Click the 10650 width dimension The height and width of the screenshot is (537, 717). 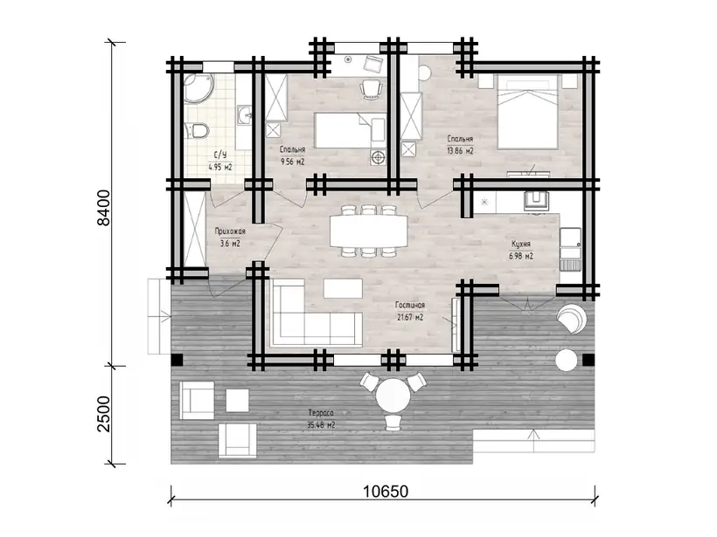(385, 492)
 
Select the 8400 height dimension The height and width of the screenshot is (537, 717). (104, 207)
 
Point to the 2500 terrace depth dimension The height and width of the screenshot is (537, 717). (104, 414)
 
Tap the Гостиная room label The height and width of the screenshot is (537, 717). (410, 305)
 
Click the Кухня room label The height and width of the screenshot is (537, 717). (521, 244)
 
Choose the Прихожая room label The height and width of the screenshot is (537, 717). (230, 231)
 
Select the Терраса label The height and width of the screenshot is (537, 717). (321, 413)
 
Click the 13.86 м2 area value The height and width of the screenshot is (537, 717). (460, 151)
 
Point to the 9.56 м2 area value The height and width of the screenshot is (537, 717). (292, 162)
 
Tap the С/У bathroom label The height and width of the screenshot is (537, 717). (220, 155)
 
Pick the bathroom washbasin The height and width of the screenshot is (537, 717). (244, 114)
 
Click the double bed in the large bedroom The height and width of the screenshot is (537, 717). (528, 113)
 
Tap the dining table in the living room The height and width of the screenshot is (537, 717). (369, 231)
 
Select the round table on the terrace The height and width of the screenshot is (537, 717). (393, 396)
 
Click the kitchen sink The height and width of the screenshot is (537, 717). (536, 200)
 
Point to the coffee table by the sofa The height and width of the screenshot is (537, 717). (343, 289)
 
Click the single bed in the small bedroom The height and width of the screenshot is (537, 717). (351, 131)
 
